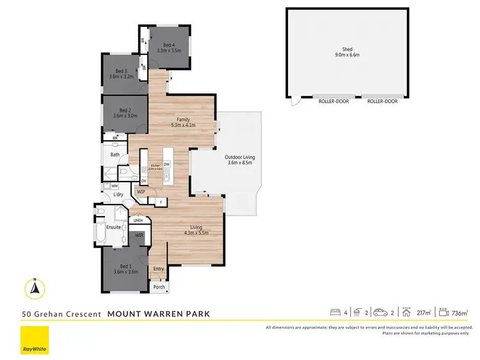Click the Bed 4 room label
(169, 45)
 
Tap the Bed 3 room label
(122, 72)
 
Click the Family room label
(184, 120)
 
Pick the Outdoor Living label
(239, 158)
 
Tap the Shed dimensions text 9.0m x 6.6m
(348, 55)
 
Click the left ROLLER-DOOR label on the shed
(333, 101)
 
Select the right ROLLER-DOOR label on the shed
(382, 101)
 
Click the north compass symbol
(36, 289)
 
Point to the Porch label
(159, 287)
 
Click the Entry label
(159, 269)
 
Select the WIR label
(139, 235)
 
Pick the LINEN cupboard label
(138, 221)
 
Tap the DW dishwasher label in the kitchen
(166, 164)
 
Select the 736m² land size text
(460, 313)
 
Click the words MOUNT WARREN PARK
(158, 314)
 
